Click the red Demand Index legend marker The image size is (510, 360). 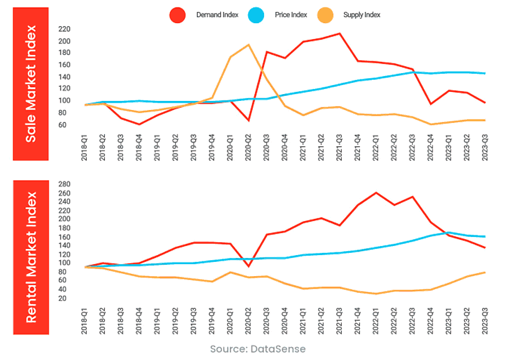pos(178,15)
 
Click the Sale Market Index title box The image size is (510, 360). pos(31,84)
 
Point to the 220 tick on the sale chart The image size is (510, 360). pos(64,29)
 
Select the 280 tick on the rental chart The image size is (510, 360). pos(64,184)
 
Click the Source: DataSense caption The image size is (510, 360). pos(257,349)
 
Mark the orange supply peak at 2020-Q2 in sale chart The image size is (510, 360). pos(248,45)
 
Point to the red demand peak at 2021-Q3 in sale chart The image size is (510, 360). pos(339,33)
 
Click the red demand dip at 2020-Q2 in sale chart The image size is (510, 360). pos(248,121)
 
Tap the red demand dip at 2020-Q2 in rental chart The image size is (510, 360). pos(248,266)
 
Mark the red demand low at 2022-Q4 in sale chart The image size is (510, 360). pos(431,104)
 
